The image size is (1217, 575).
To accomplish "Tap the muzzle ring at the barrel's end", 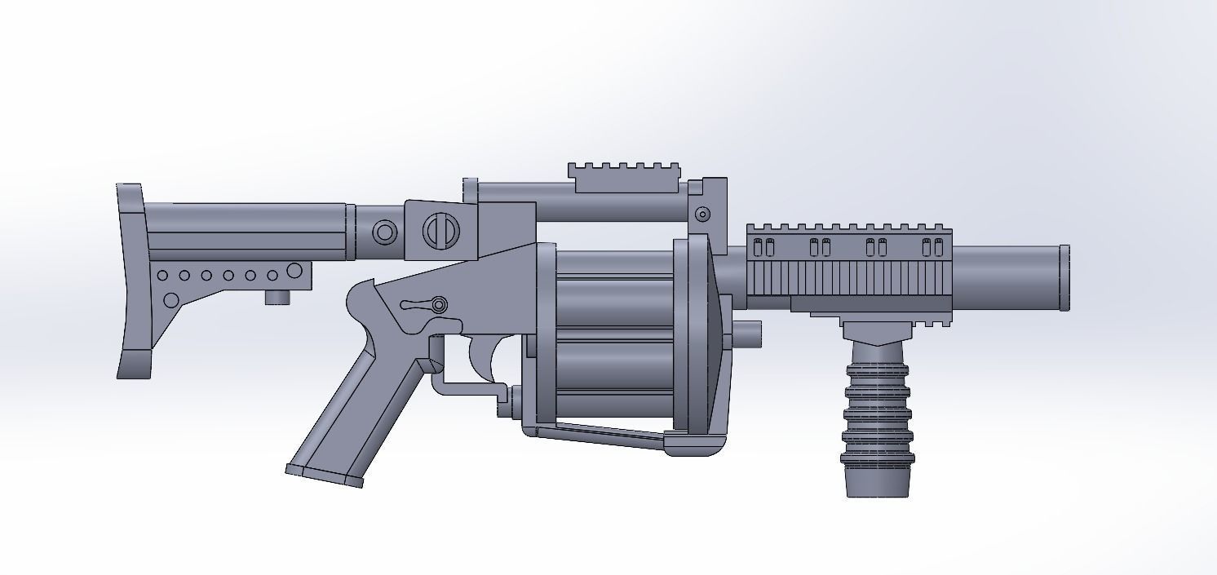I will (1064, 277).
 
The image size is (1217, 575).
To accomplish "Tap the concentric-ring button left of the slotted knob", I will (385, 232).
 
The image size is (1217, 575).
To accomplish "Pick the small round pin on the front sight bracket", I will (701, 215).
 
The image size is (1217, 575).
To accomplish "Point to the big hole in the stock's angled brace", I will (171, 300).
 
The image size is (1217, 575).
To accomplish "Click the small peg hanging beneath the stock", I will (277, 297).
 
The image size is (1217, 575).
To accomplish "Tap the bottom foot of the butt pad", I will (135, 364).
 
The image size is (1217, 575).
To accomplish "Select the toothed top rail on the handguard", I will (848, 228).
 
